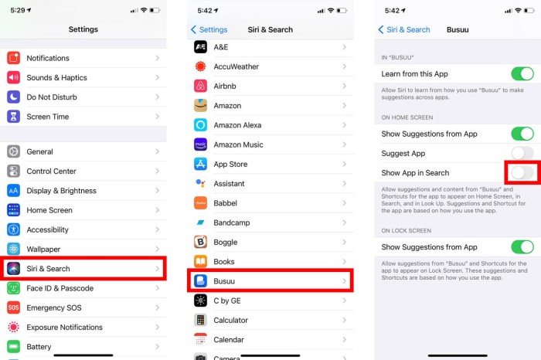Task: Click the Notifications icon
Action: click(13, 58)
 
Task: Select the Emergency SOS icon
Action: click(13, 307)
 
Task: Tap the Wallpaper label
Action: click(43, 249)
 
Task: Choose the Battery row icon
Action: click(13, 347)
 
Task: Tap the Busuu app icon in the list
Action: click(200, 281)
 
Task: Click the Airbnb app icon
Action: click(200, 86)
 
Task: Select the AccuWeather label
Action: click(237, 66)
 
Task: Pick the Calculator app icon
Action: click(200, 320)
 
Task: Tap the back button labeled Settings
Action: click(209, 29)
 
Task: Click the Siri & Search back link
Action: click(403, 29)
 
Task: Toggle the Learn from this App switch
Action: click(522, 74)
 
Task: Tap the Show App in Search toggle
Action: click(522, 172)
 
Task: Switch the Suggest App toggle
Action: click(522, 153)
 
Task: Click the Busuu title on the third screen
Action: click(459, 29)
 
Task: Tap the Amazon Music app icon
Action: click(200, 144)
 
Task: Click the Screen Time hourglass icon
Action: click(13, 117)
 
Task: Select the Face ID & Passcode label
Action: click(60, 288)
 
